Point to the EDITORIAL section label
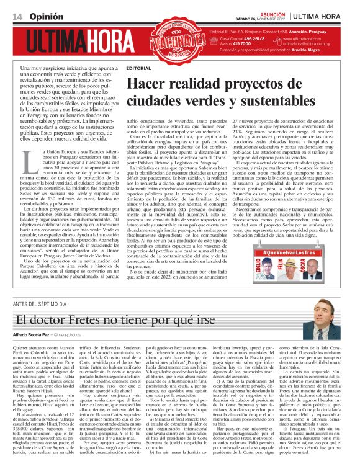tap(138, 66)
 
